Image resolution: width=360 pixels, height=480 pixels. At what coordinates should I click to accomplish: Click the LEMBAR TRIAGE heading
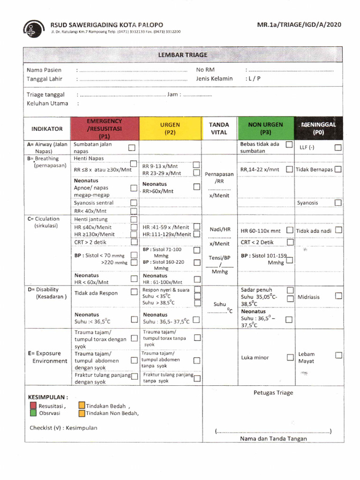point(183,55)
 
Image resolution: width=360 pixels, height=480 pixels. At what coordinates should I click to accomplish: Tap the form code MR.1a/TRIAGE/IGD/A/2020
point(300,25)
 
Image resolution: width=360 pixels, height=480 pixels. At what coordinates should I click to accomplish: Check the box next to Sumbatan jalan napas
point(132,148)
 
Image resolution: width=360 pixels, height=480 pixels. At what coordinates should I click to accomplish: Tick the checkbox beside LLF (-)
point(338,148)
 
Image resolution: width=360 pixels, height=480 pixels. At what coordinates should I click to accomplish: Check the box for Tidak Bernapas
point(338,169)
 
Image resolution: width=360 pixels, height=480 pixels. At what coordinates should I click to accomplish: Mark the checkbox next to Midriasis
point(338,296)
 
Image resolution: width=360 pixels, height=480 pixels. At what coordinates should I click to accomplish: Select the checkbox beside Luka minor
point(290,358)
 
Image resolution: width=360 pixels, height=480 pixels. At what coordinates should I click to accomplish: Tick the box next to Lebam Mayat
point(338,356)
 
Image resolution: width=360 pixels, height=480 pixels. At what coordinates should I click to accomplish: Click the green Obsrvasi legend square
point(33,413)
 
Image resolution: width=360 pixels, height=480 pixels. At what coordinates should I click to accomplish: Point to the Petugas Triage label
point(273,393)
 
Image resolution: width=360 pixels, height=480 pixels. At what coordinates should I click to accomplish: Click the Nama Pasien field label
point(44,70)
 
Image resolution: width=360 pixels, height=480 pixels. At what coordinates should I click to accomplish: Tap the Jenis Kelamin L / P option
point(253,79)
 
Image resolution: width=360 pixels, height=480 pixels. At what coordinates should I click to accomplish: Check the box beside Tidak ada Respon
point(134,293)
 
